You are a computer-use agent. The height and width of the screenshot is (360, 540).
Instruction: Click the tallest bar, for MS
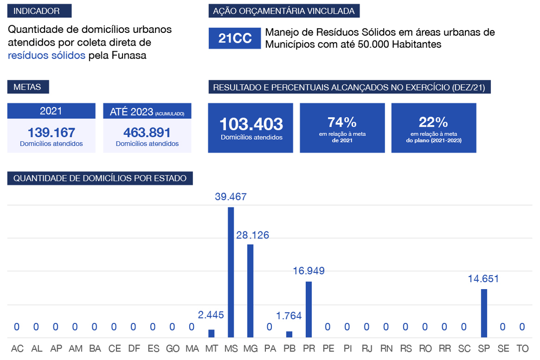tap(231, 272)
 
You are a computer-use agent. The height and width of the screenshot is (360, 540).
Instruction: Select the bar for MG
tap(250, 291)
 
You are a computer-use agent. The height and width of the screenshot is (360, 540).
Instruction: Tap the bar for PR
tap(309, 309)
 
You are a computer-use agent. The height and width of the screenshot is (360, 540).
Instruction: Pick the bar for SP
tap(484, 313)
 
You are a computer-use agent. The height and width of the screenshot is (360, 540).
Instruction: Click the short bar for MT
tap(211, 333)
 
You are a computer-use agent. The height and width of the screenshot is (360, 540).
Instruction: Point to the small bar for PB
tap(289, 334)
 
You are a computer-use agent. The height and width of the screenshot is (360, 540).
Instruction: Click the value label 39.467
tap(231, 197)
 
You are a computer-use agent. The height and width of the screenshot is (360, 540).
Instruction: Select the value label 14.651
tap(483, 279)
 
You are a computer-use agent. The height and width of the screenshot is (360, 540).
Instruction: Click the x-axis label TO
tap(522, 349)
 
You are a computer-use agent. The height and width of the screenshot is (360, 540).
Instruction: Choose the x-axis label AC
tap(17, 349)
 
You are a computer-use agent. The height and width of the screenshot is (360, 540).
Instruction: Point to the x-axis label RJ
tap(367, 349)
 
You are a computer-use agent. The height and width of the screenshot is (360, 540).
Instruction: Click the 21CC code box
tap(235, 38)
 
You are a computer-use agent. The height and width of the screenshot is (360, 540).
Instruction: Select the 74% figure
tap(342, 123)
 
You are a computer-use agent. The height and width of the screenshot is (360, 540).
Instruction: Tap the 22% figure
tap(433, 123)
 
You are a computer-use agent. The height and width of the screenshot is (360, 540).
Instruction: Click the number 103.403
tap(251, 124)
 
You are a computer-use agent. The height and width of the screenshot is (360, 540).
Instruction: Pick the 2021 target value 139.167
tap(51, 132)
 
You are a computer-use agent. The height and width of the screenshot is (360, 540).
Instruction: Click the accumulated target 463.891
tap(147, 132)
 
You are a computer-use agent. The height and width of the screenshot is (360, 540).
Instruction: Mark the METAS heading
tap(28, 87)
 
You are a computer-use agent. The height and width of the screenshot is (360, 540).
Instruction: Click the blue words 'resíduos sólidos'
tap(46, 55)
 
